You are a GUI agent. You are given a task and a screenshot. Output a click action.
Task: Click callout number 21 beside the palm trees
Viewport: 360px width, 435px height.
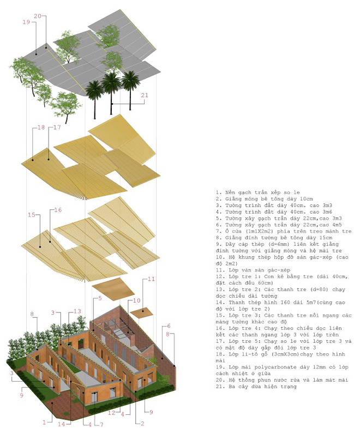pyautogui.click(x=145, y=95)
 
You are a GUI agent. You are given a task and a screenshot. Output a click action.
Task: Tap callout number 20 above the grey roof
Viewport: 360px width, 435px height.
pyautogui.click(x=38, y=16)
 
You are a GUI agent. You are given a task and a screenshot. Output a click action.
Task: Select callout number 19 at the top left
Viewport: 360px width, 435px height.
pyautogui.click(x=26, y=22)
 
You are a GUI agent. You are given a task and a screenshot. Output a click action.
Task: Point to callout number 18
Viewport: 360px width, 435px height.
pyautogui.click(x=41, y=128)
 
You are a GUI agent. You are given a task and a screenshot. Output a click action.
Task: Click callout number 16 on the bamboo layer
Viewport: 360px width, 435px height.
pyautogui.click(x=58, y=210)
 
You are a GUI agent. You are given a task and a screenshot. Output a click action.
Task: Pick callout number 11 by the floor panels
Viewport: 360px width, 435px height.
pyautogui.click(x=151, y=279)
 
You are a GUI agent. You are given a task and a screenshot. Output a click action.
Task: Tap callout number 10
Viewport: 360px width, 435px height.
pyautogui.click(x=137, y=300)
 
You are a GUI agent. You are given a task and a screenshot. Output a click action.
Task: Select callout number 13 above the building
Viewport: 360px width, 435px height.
pyautogui.click(x=77, y=311)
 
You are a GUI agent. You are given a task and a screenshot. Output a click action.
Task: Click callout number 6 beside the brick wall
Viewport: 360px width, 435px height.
pyautogui.click(x=169, y=326)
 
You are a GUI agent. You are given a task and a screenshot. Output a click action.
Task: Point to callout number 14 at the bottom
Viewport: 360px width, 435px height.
pyautogui.click(x=61, y=424)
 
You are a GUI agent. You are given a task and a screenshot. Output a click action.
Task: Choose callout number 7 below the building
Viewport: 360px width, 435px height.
pyautogui.click(x=101, y=424)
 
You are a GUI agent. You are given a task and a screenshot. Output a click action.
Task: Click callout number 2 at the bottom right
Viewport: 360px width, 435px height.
pyautogui.click(x=142, y=424)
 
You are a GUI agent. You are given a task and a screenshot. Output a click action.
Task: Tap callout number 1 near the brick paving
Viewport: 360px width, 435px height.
pyautogui.click(x=44, y=422)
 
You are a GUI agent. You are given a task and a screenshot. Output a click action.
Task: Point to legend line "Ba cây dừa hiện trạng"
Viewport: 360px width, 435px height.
pyautogui.click(x=256, y=386)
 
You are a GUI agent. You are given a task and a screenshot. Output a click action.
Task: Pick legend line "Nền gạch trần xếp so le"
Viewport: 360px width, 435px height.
pyautogui.click(x=258, y=192)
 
